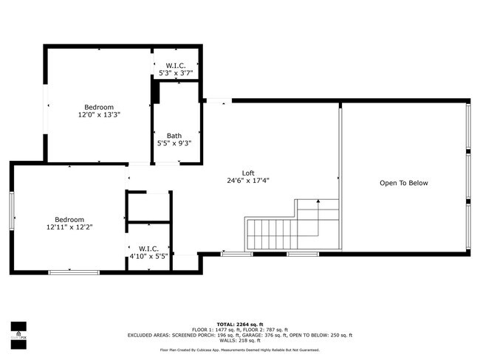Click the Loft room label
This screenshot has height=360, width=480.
[247, 173]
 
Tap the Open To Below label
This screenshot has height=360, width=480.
[403, 183]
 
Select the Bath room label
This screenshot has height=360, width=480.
[174, 136]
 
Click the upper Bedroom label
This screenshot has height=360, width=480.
[98, 107]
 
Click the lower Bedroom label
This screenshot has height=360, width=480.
[69, 220]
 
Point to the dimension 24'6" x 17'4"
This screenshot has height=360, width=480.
[247, 181]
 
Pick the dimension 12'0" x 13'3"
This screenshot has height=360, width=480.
[98, 115]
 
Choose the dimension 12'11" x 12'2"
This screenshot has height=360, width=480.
[69, 228]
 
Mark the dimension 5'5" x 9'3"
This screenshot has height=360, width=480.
[174, 144]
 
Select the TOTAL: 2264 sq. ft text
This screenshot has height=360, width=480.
[240, 323]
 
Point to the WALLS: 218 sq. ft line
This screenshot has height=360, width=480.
[240, 341]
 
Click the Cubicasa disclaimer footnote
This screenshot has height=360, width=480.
[240, 350]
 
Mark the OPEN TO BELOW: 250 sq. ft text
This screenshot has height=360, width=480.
[320, 335]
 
